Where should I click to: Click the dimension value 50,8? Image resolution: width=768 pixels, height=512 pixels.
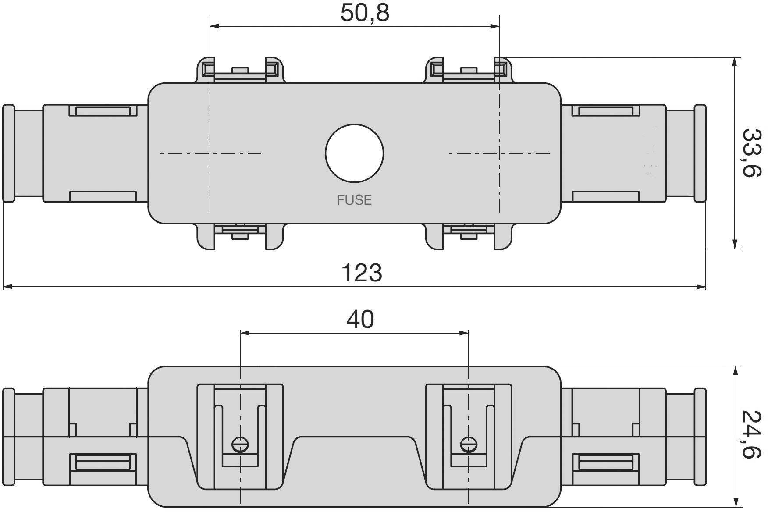365,13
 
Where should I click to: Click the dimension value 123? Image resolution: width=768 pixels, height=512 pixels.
361,273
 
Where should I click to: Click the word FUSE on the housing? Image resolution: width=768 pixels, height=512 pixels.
354,200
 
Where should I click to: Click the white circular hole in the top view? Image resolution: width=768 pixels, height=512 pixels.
354,153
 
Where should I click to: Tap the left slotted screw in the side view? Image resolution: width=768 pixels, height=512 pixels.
240,445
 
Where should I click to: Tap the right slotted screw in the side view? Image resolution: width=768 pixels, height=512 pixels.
469,445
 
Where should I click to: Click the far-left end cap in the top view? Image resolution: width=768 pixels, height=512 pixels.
8,153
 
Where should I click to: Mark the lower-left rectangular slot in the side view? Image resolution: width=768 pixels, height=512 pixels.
103,463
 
